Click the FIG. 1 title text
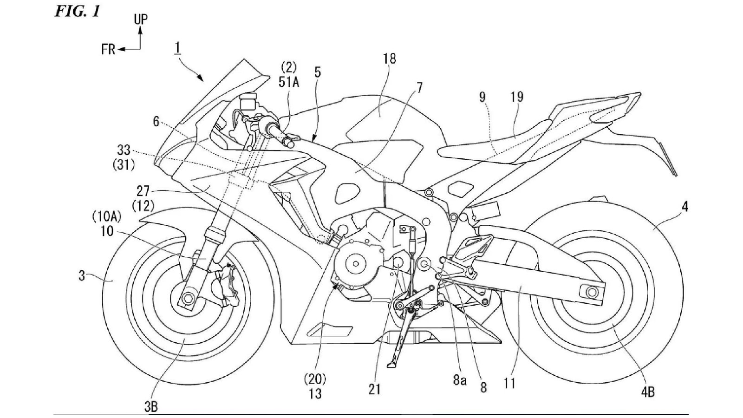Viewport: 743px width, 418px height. click(77, 11)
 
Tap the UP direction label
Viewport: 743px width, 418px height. click(141, 19)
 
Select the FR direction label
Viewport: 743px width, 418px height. click(108, 50)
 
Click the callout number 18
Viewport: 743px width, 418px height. click(389, 59)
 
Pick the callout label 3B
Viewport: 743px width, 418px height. click(150, 407)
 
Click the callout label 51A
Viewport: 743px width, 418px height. click(288, 82)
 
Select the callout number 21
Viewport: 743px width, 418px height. click(374, 389)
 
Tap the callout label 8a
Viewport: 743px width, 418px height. click(459, 381)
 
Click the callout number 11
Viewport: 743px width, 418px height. click(509, 384)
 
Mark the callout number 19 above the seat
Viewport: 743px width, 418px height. click(516, 97)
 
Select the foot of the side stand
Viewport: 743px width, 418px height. click(391, 365)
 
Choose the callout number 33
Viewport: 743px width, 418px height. click(124, 150)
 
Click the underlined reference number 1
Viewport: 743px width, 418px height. click(177, 47)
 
